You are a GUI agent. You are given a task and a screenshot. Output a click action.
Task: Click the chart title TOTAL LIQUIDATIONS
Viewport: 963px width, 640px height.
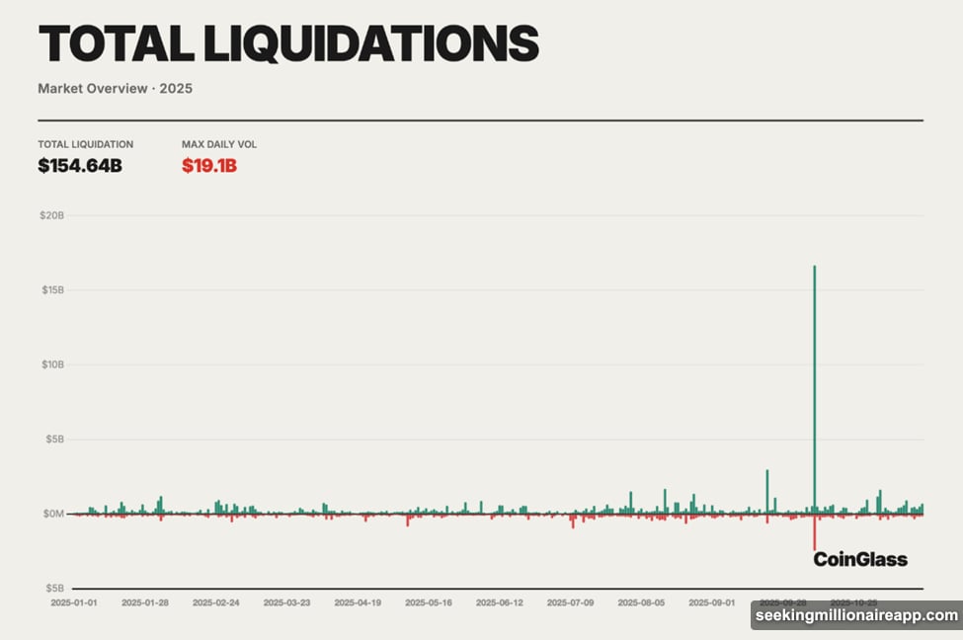(288, 43)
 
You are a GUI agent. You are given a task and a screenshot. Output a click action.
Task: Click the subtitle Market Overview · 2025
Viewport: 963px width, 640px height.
(115, 89)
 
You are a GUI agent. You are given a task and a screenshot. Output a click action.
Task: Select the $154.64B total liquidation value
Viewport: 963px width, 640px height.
(80, 165)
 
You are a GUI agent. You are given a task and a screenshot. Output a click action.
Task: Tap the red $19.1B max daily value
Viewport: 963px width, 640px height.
(209, 165)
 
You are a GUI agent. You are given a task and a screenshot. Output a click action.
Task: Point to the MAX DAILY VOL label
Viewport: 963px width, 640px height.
(219, 144)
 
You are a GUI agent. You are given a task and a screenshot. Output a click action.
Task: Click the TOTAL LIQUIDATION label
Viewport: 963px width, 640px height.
(85, 144)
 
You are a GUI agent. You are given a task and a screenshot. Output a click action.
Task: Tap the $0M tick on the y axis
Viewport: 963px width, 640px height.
(51, 514)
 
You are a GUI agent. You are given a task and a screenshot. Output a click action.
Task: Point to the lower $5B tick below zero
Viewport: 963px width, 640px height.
(52, 588)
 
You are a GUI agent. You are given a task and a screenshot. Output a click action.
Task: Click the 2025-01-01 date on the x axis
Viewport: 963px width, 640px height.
(75, 601)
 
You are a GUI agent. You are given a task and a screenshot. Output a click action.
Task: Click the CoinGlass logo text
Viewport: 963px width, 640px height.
(859, 560)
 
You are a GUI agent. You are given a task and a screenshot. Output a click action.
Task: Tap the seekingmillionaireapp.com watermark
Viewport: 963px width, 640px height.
(856, 615)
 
